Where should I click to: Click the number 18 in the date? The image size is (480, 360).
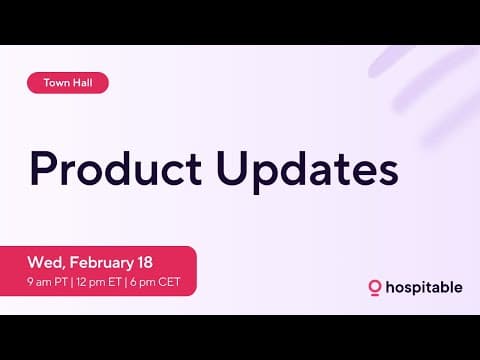pos(144,262)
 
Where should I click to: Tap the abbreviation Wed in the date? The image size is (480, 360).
pos(44,263)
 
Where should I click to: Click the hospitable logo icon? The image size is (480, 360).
pos(375,288)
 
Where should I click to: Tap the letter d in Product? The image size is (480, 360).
pos(121,167)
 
